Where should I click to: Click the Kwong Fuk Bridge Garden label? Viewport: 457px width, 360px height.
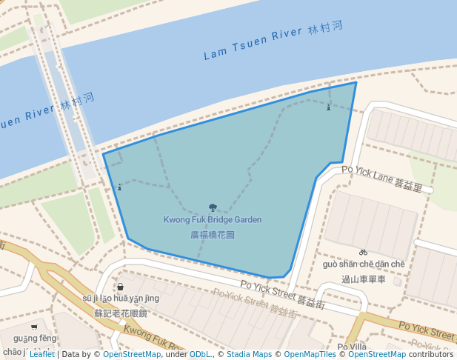point(213,220)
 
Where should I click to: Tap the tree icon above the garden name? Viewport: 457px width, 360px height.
point(213,208)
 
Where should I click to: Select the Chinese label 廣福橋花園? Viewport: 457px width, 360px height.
point(213,235)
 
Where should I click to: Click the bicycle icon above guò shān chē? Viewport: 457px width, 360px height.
point(363,253)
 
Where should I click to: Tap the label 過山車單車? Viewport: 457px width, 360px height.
point(364,279)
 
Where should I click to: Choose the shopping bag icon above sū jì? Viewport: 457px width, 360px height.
point(120,287)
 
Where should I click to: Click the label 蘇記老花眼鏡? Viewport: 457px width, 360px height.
point(121,313)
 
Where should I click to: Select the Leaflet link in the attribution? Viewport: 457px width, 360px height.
point(42,354)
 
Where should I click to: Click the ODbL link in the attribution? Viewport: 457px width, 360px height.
point(199,354)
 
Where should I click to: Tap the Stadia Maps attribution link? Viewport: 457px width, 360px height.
point(249,354)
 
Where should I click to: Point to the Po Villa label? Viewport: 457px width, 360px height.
point(352,347)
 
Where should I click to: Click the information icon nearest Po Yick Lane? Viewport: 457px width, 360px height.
point(329,107)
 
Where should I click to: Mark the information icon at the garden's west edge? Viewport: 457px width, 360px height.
point(120,187)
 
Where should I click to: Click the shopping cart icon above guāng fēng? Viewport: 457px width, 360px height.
point(34,327)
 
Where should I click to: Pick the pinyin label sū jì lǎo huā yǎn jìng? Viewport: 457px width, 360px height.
point(121,299)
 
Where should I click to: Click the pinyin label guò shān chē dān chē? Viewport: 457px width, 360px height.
point(364,264)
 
